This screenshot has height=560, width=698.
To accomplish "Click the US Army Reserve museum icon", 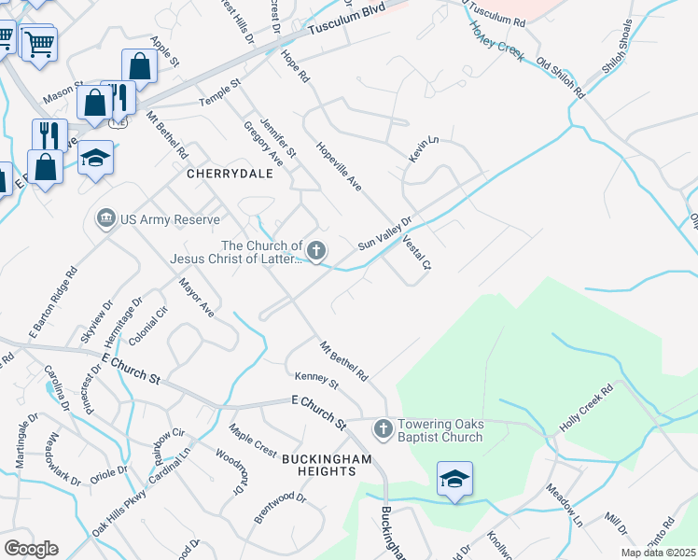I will tap(105, 218).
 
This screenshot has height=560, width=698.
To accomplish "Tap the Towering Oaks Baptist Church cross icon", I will tap(382, 429).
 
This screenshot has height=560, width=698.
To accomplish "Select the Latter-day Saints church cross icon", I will tap(317, 250).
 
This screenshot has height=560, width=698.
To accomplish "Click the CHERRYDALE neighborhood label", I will tap(224, 174).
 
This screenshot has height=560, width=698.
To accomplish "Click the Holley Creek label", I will tap(498, 40).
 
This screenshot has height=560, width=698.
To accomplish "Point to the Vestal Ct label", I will tap(416, 252).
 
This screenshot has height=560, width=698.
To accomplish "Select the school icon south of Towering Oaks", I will tap(454, 480).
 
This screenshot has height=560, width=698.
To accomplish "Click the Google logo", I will tap(31, 549).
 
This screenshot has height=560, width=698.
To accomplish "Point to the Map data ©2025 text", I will tap(658, 553).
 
